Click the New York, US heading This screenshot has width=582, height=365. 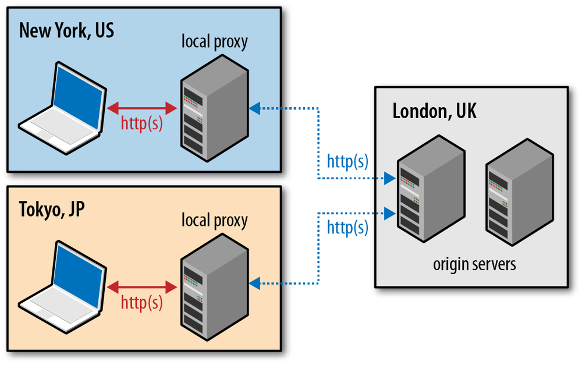(x=66, y=30)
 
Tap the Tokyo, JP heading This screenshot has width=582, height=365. (x=52, y=209)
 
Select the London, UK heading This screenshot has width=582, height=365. (x=434, y=111)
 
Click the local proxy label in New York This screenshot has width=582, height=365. (x=214, y=42)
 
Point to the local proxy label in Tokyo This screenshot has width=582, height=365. (x=214, y=221)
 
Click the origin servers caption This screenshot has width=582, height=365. (x=474, y=264)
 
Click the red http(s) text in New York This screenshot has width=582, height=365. (x=141, y=124)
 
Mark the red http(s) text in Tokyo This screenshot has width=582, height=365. (x=141, y=303)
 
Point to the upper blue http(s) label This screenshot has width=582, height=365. (x=347, y=161)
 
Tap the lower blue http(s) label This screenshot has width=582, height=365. (x=347, y=227)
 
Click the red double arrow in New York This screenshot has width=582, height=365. (x=142, y=108)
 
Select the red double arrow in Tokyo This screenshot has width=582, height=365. (x=142, y=286)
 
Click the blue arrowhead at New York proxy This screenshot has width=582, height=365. (x=254, y=108)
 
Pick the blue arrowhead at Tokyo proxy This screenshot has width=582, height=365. (x=254, y=284)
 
